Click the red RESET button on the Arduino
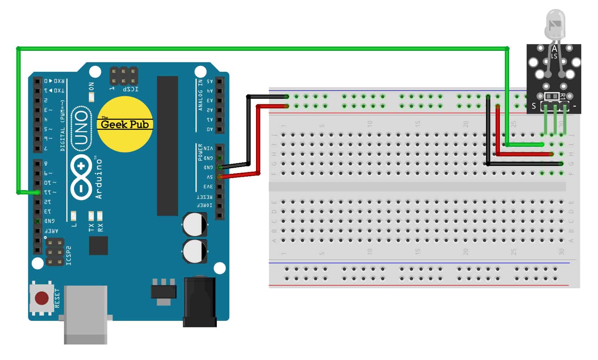click(x=42, y=299)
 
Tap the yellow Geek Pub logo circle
click(x=125, y=124)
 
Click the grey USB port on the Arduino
click(x=85, y=314)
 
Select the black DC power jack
click(x=199, y=302)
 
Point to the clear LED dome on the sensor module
click(x=555, y=23)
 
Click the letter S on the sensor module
click(x=534, y=106)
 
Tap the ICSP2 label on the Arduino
click(x=69, y=256)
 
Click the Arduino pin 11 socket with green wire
click(x=38, y=192)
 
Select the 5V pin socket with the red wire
click(x=220, y=177)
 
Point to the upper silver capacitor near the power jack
click(x=195, y=225)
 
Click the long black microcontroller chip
click(x=167, y=146)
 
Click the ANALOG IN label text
click(x=200, y=95)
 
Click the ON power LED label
click(x=92, y=87)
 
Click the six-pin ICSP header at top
click(x=124, y=76)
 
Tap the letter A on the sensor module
click(x=554, y=49)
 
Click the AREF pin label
click(x=51, y=231)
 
